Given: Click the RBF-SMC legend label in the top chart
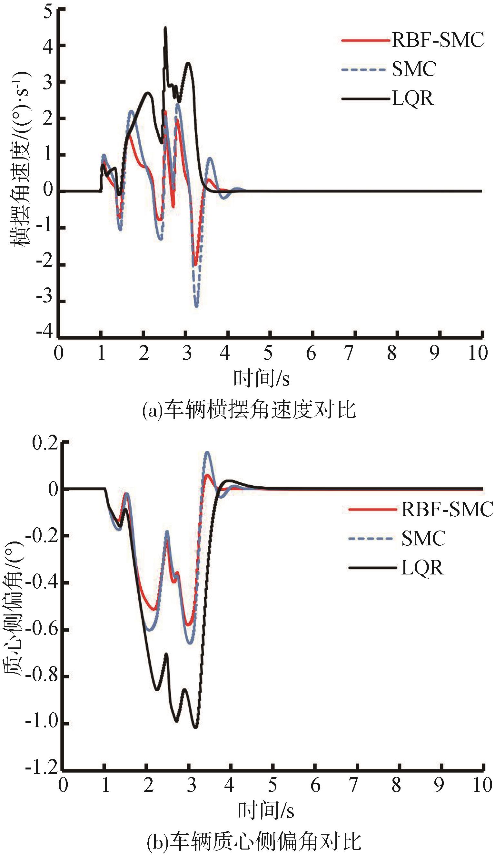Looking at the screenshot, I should click(437, 40).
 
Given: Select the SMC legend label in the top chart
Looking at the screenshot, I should click(414, 69).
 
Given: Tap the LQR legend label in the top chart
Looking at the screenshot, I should click(412, 99).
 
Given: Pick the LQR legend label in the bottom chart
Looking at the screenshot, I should click(422, 568).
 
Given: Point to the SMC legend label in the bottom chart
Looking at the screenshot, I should click(423, 539).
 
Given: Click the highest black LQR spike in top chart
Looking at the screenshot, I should click(165, 28).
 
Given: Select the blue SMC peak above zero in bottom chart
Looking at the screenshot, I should click(207, 452).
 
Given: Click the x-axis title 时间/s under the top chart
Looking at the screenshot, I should click(261, 379).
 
